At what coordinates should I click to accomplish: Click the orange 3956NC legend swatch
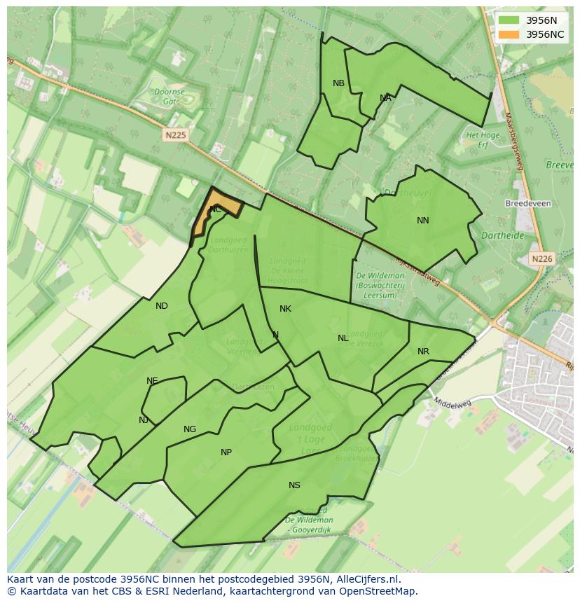(x=509, y=34)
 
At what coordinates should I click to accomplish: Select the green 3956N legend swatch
(x=509, y=20)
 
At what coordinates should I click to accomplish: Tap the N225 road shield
(x=176, y=135)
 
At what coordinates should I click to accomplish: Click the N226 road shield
(x=541, y=259)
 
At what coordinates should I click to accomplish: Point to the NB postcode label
(x=338, y=83)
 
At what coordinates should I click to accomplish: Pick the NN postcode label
(x=422, y=221)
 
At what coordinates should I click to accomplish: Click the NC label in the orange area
(x=216, y=209)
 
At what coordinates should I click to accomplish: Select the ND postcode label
(x=162, y=306)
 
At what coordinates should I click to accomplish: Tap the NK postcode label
(x=285, y=309)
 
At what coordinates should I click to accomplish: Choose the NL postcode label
(x=343, y=338)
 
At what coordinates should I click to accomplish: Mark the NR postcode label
(x=423, y=352)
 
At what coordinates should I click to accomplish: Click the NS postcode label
(x=294, y=485)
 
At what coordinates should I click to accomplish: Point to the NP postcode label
(x=226, y=452)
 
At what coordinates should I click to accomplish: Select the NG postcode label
(x=190, y=429)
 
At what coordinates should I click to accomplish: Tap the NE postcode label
(x=152, y=381)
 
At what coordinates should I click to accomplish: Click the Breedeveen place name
(x=527, y=204)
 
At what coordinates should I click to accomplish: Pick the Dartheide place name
(x=503, y=236)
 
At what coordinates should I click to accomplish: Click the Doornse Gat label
(x=170, y=96)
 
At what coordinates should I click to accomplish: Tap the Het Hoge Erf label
(x=483, y=139)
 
